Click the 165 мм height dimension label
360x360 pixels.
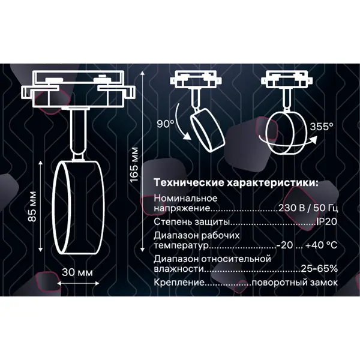pos(134,164)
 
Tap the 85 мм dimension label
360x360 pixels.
pos(32,206)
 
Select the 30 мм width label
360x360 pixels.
pos(77,272)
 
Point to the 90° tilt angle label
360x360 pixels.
pos(166,124)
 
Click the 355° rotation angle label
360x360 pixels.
pos(322,127)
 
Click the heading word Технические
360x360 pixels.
pos(189,183)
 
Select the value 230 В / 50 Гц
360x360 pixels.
pos(308,208)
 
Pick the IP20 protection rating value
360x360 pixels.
pos(326,222)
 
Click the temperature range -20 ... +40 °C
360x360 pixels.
pos(307,245)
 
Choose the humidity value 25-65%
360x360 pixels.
pos(319,268)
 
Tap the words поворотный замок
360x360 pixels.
pos(295,283)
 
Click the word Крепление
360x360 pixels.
pos(179,283)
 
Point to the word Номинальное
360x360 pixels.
pos(185,198)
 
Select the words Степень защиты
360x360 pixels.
pos(192,222)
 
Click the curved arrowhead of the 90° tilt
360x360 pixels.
pos(187,136)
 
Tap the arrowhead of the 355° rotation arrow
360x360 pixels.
pos(313,139)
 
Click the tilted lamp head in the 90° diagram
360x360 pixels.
pos(208,130)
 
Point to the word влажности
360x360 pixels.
pos(179,269)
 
